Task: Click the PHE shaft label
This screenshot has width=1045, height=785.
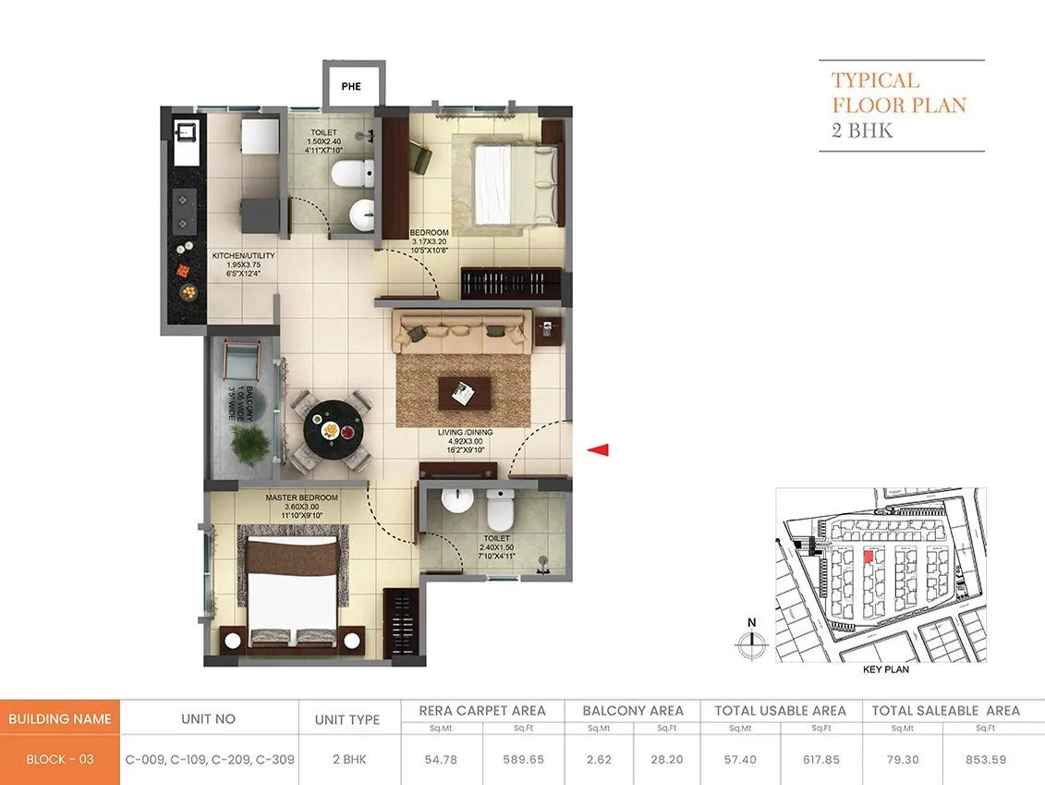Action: [x=351, y=87]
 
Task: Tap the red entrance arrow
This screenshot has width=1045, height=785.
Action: [x=599, y=450]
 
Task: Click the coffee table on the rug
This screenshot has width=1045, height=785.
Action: [x=465, y=391]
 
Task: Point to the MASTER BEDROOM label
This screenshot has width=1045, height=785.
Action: [x=301, y=498]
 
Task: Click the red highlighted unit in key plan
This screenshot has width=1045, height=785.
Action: [x=868, y=557]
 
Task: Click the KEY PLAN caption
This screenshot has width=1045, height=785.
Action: [x=885, y=668]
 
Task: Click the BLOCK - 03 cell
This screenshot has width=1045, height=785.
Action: [x=60, y=759]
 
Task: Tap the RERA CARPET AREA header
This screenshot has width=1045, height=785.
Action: [x=482, y=711]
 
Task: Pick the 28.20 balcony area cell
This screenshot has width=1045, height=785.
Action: [x=668, y=759]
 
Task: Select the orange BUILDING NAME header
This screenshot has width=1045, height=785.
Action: [x=60, y=718]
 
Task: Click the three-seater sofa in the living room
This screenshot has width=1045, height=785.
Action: [x=461, y=332]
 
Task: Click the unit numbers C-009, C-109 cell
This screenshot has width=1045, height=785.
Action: [x=210, y=759]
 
